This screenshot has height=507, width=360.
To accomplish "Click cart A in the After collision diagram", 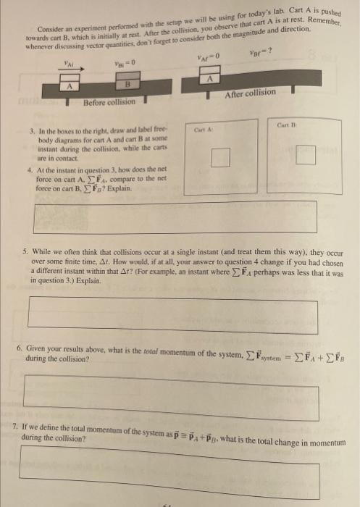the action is [210, 77].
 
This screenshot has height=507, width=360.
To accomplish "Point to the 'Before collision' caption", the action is [109, 102].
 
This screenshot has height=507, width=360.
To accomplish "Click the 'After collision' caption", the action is [251, 93].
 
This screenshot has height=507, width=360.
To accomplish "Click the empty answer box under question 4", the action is [176, 216].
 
